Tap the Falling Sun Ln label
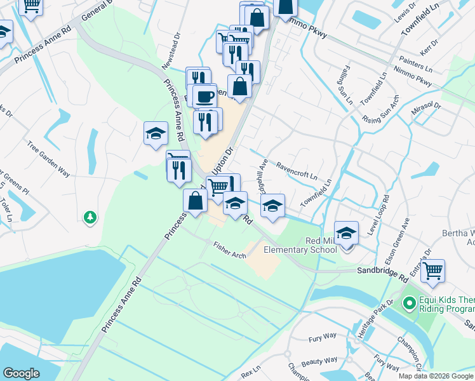345,84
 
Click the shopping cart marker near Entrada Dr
432,271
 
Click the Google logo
21,373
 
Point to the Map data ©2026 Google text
436,376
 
